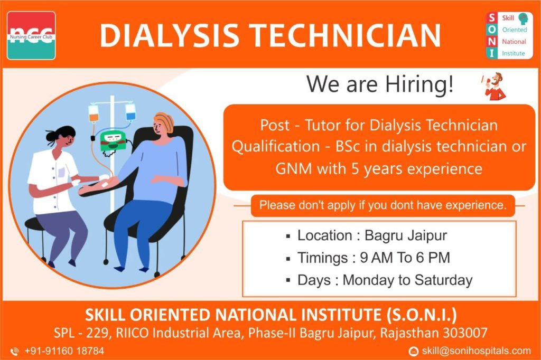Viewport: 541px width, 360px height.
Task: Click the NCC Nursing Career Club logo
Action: tap(31, 35)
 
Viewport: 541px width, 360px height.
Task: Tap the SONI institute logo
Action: tap(510, 35)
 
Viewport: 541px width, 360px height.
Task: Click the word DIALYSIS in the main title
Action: tap(170, 35)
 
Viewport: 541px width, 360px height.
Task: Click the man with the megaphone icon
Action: tap(493, 86)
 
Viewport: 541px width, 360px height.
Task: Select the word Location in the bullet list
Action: tap(325, 235)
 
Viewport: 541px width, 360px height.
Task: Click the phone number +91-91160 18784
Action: tap(64, 351)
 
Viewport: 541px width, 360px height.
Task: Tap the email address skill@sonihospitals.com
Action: tap(476, 351)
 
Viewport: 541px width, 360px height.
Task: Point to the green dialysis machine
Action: tap(113, 141)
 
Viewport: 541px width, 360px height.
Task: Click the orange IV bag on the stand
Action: tap(94, 113)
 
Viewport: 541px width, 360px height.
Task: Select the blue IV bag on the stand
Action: tap(130, 111)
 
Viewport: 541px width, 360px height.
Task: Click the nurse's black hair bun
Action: tap(52, 136)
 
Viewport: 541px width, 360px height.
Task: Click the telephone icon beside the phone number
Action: tap(14, 352)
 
